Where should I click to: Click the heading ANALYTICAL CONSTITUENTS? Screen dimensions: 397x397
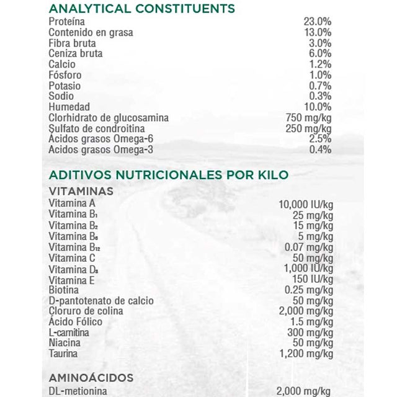pyautogui.click(x=141, y=9)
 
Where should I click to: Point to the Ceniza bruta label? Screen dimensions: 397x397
pyautogui.click(x=76, y=53)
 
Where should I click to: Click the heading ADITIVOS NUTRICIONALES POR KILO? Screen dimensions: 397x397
pyautogui.click(x=168, y=174)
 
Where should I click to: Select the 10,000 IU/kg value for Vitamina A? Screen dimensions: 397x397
pyautogui.click(x=306, y=204)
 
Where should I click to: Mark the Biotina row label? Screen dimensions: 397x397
pyautogui.click(x=64, y=290)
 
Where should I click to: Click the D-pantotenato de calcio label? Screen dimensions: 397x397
pyautogui.click(x=101, y=300)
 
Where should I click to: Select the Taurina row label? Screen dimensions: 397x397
pyautogui.click(x=63, y=354)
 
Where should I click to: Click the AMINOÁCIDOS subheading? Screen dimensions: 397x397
pyautogui.click(x=91, y=377)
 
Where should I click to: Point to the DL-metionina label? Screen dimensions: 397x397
pyautogui.click(x=78, y=391)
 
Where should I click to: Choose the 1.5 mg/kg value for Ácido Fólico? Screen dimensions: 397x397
pyautogui.click(x=311, y=321)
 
